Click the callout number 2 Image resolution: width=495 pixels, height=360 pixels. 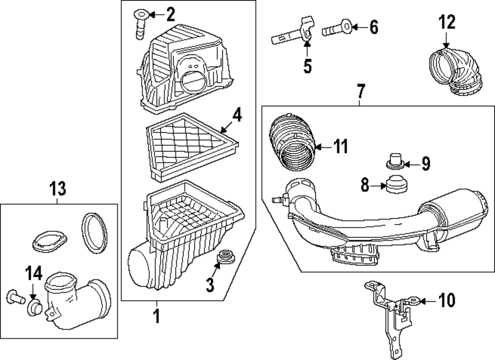[x=170, y=15]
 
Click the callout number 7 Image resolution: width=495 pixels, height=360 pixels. [x=360, y=91]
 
